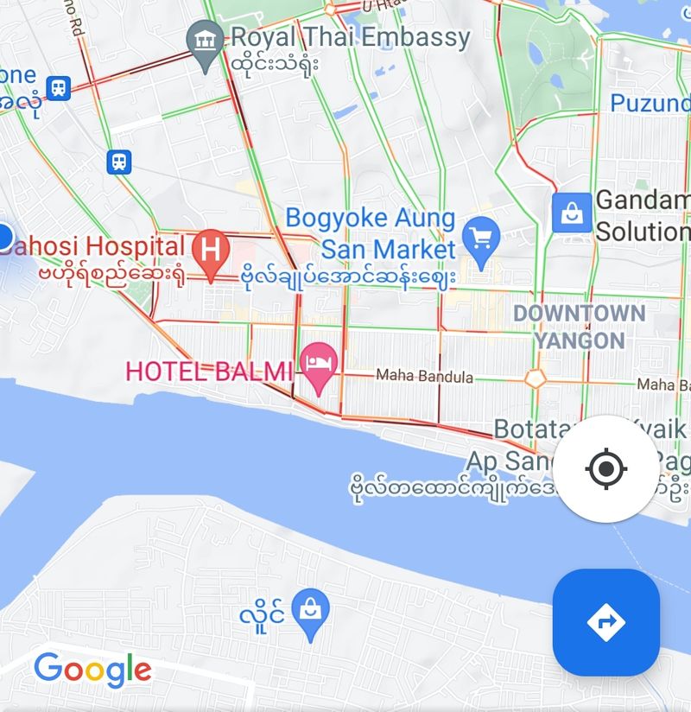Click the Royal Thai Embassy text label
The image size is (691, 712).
coord(351,37)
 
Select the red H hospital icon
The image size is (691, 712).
coord(210,250)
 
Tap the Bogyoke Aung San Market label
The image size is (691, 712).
coord(371,233)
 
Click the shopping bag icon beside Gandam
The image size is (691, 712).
coord(572,212)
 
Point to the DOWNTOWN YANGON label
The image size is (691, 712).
coord(579,327)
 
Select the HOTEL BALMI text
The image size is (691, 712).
coord(209,372)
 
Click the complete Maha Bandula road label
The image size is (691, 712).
coord(425,377)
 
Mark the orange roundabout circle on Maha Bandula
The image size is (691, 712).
coord(536,378)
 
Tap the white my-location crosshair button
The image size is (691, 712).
coord(605,469)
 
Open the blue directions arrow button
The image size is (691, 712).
coord(605,621)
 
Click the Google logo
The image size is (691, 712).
coord(92,670)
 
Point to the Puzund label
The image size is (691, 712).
coord(650,104)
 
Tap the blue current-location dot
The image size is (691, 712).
coord(3,235)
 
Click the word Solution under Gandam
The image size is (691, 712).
coord(643,232)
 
